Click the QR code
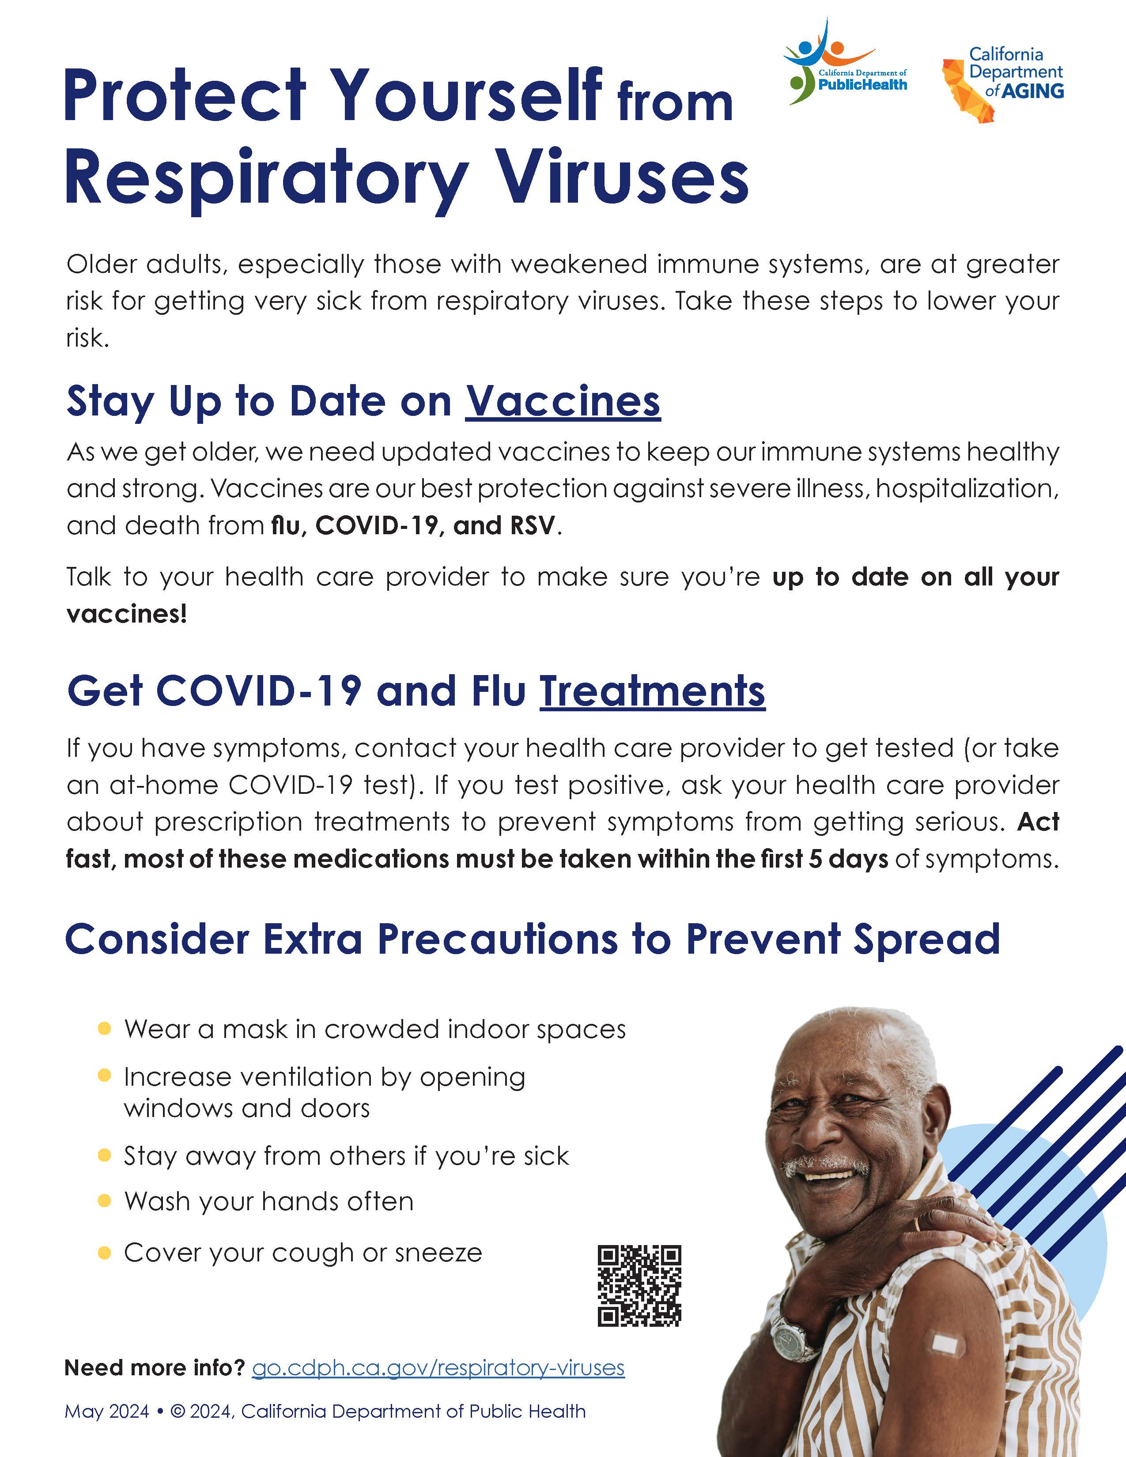(x=639, y=1286)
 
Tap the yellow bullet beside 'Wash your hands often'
(x=104, y=1201)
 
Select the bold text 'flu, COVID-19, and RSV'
(x=413, y=526)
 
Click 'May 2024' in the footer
(x=107, y=1412)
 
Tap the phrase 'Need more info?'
(x=155, y=1368)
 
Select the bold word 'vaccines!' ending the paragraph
(x=127, y=614)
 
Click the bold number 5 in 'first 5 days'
(x=815, y=859)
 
